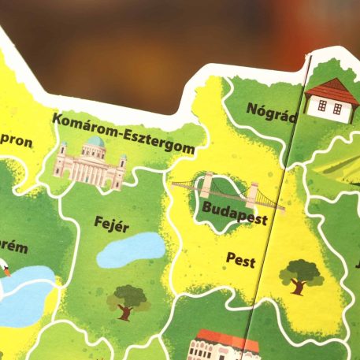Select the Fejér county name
point(112,223)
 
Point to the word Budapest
point(233,210)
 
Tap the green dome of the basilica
point(95,142)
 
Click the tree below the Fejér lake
point(129,301)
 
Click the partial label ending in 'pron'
point(16,143)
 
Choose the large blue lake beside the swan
point(28,295)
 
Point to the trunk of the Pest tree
point(299,287)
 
